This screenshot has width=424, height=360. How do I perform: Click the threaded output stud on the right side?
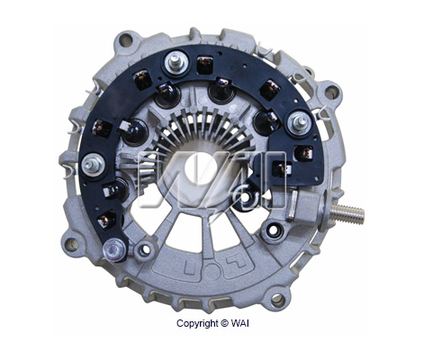click(x=348, y=213)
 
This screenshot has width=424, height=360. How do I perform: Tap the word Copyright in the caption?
click(x=197, y=324)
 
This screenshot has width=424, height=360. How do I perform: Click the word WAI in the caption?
click(x=240, y=323)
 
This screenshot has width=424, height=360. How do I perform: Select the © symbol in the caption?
click(x=225, y=323)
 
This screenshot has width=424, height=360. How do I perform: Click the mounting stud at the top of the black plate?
click(x=176, y=63)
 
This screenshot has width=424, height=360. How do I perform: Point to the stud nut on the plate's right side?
click(x=299, y=122)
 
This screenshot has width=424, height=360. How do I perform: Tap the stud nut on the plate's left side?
click(x=93, y=165)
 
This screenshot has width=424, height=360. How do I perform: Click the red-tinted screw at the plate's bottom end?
click(x=114, y=250)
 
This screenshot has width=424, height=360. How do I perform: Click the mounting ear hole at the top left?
click(x=126, y=40)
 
